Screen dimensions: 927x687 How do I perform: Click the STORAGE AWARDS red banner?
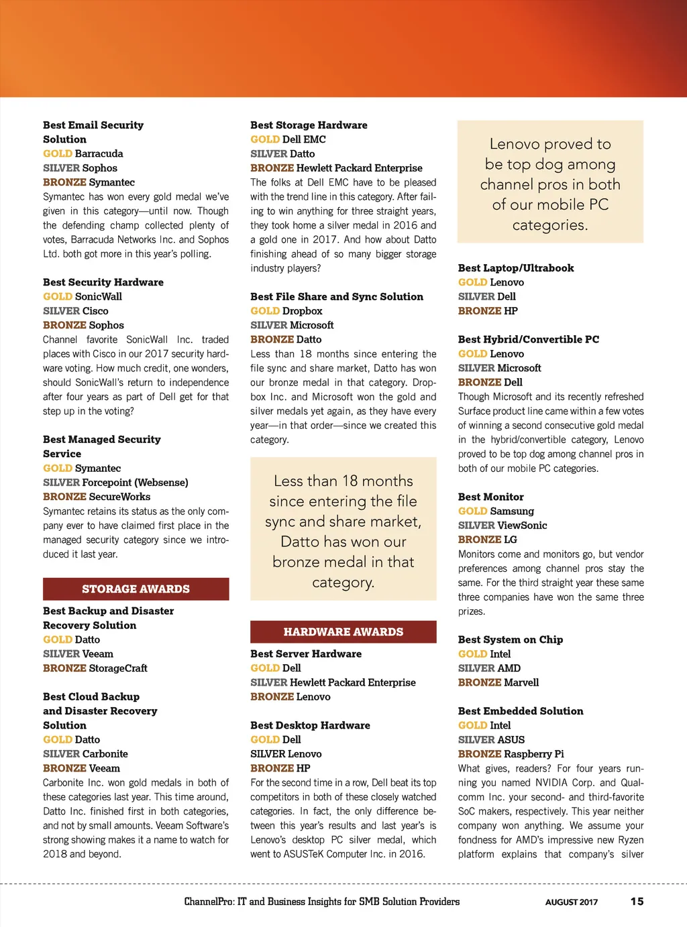click(136, 589)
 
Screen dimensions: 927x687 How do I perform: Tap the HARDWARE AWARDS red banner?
click(343, 632)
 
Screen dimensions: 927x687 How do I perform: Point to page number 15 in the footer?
click(637, 902)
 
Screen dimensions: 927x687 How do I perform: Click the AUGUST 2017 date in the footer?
click(571, 902)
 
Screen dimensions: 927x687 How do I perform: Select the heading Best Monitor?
click(490, 497)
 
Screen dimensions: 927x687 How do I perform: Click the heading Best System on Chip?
click(510, 639)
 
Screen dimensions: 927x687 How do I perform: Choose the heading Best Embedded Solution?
click(521, 711)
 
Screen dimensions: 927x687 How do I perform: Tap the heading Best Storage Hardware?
click(309, 125)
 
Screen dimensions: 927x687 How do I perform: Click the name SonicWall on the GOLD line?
click(99, 296)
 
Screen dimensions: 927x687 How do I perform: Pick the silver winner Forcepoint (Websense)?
click(135, 483)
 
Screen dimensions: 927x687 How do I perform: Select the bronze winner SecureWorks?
click(119, 497)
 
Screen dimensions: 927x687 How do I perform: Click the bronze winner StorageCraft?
click(118, 668)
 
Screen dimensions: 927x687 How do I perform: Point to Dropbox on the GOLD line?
click(302, 311)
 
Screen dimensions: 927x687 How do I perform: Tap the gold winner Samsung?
click(512, 511)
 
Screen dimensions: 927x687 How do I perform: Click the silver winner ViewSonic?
click(522, 526)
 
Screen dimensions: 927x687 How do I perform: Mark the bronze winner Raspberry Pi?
click(534, 754)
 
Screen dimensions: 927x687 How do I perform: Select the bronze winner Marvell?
click(521, 682)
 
